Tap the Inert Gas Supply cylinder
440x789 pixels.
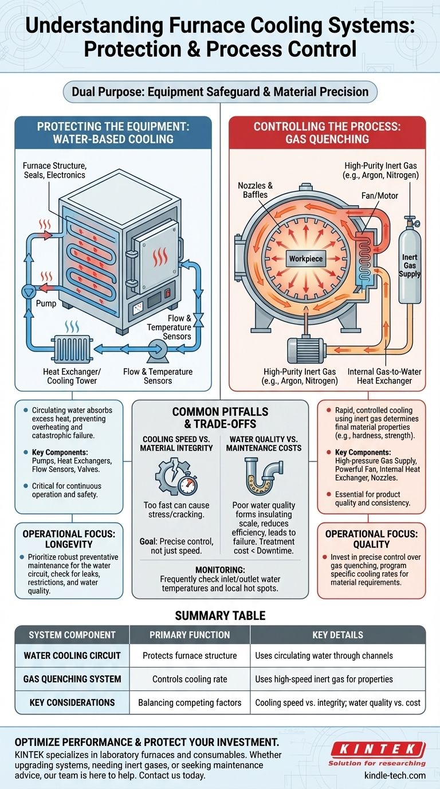(409, 264)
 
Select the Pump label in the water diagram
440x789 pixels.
(46, 303)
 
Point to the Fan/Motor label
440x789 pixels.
(380, 196)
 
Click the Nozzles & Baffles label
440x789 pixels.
(254, 190)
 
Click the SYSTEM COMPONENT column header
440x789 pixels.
(72, 635)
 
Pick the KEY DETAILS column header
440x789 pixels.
(338, 635)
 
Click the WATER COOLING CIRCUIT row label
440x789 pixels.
(72, 655)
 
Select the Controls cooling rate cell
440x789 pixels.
(190, 679)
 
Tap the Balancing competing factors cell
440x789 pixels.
(190, 702)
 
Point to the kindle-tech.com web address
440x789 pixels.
(395, 775)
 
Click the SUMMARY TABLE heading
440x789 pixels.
(220, 615)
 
